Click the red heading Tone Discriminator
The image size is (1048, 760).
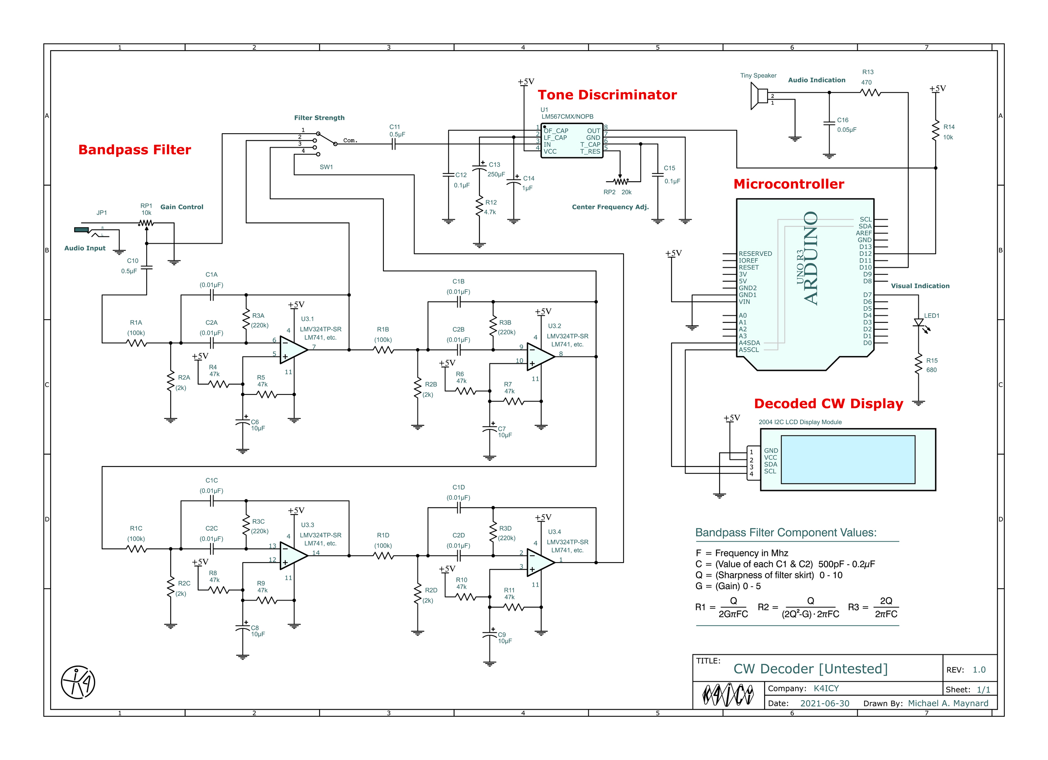tap(607, 95)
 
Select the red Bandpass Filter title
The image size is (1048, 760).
tap(134, 150)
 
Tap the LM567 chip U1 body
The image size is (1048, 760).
tap(572, 141)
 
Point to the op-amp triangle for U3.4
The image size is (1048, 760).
tap(541, 563)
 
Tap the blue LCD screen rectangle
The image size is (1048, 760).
tap(848, 459)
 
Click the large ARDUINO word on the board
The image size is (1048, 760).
tap(810, 258)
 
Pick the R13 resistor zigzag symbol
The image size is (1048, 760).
tap(871, 93)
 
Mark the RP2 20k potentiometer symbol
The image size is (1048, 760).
tap(620, 181)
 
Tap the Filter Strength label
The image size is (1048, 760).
tap(319, 118)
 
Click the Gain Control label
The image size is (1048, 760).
tap(182, 207)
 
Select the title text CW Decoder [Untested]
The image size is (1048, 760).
tap(810, 669)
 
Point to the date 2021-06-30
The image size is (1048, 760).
tap(824, 703)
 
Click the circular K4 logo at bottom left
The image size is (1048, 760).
tap(78, 682)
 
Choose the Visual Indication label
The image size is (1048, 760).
tap(920, 286)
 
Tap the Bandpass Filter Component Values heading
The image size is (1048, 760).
tap(786, 532)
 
